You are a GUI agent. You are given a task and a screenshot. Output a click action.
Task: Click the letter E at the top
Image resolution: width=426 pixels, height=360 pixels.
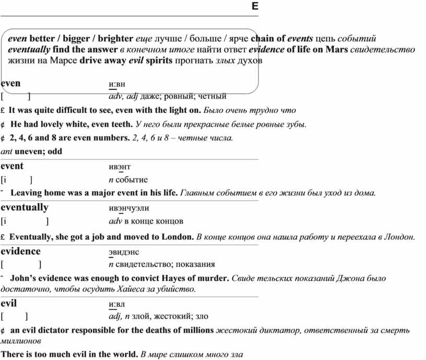coord(255,7)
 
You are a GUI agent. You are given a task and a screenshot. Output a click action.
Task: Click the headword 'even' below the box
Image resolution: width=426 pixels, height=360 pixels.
coord(10,83)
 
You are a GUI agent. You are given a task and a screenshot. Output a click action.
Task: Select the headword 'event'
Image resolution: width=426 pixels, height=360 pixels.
coord(12,166)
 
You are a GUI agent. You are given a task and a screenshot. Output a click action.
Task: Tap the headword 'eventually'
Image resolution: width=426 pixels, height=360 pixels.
coord(25,207)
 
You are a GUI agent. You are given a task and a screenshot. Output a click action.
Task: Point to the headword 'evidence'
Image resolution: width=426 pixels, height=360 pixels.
coord(21,251)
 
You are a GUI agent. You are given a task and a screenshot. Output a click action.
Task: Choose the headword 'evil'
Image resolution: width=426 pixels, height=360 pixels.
coord(9,303)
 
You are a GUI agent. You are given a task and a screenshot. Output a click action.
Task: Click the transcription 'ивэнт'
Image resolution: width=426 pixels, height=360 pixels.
coord(116,167)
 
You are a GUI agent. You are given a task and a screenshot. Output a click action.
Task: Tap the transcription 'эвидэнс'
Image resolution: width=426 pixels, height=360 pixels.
coord(123,251)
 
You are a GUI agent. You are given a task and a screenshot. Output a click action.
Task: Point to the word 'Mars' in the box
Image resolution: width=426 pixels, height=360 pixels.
coord(336,50)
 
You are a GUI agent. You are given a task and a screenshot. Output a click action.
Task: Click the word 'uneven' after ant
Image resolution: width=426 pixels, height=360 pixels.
coord(29,152)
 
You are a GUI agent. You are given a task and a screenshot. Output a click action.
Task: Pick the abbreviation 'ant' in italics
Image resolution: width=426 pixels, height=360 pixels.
coord(7,152)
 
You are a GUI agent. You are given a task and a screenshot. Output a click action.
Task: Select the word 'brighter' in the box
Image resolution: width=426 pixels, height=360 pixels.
coord(115,38)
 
